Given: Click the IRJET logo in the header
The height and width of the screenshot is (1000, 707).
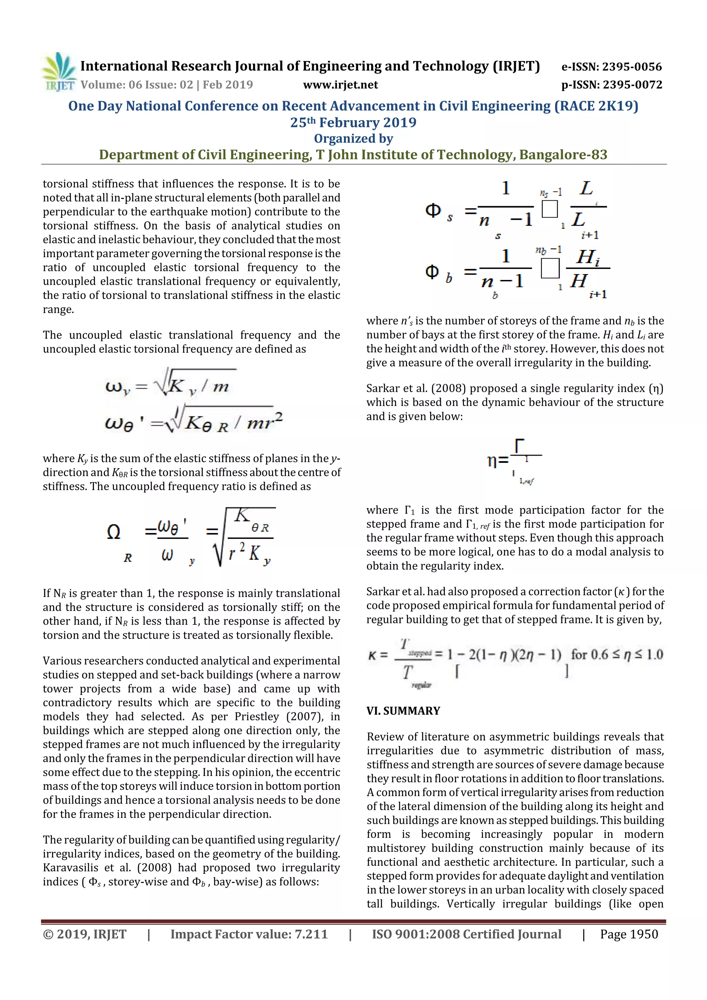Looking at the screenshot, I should (x=59, y=72).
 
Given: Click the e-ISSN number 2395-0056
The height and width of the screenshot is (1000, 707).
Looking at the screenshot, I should (x=632, y=67).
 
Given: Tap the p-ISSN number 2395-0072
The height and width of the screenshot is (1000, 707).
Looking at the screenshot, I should (x=632, y=85).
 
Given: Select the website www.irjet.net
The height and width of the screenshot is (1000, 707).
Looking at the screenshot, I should (x=340, y=85).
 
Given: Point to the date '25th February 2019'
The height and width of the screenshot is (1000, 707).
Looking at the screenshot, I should (x=353, y=123).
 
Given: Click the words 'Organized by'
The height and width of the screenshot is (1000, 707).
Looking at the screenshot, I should (x=353, y=138).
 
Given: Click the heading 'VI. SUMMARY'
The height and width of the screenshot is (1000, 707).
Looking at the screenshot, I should (x=403, y=711).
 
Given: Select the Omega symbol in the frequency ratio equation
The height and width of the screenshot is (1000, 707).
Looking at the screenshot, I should (x=113, y=532).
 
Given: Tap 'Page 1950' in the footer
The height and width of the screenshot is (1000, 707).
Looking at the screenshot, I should (x=629, y=934).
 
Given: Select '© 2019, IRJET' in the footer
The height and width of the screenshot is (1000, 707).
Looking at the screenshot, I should (x=85, y=934).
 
